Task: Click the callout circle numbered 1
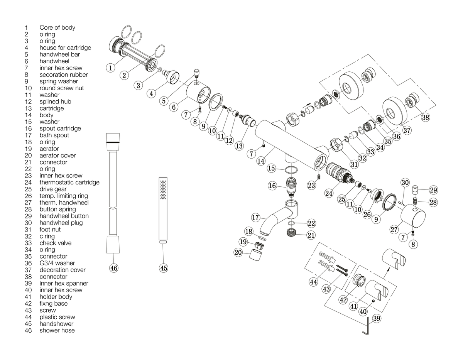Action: coord(110,68)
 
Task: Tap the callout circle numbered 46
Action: coord(113,268)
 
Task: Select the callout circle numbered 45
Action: coord(164,268)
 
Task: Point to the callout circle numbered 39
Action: coord(377,318)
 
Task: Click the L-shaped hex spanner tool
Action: coord(366,329)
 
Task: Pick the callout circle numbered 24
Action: coord(329,193)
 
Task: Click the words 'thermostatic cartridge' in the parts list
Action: coord(69,183)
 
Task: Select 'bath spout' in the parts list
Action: coord(54,135)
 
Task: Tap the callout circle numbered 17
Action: coord(255,218)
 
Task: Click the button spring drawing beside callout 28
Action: coord(415,201)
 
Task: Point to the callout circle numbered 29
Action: coord(433,190)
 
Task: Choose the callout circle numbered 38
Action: coord(426,117)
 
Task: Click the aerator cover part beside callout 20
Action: coord(255,255)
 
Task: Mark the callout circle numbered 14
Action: coord(261,161)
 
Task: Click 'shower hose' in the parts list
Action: coord(57,330)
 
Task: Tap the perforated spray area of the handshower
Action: coord(163,190)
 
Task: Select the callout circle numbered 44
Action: coord(313,282)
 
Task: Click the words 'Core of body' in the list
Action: coord(57,27)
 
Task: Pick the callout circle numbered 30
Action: coord(405,183)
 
